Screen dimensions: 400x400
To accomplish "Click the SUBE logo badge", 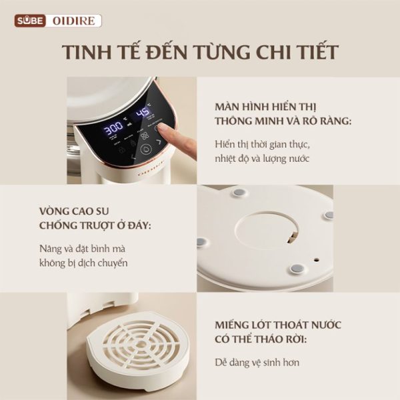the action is tap(30, 21).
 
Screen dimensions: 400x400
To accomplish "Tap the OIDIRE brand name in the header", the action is tap(74, 21).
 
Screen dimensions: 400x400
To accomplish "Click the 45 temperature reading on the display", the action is tap(143, 111).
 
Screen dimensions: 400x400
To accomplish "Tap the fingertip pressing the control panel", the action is tap(161, 127).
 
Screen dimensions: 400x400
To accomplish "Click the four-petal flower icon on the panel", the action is tap(145, 136).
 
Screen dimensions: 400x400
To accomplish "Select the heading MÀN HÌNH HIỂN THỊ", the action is tap(265, 107).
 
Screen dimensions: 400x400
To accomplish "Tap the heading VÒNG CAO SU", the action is tap(74, 211).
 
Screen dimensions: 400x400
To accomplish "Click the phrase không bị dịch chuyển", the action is tap(83, 263).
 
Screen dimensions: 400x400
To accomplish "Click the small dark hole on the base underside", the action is tap(317, 260).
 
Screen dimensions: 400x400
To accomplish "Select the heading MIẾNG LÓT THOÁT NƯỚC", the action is tap(278, 325).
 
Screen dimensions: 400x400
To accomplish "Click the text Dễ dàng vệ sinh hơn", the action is tap(257, 363).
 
